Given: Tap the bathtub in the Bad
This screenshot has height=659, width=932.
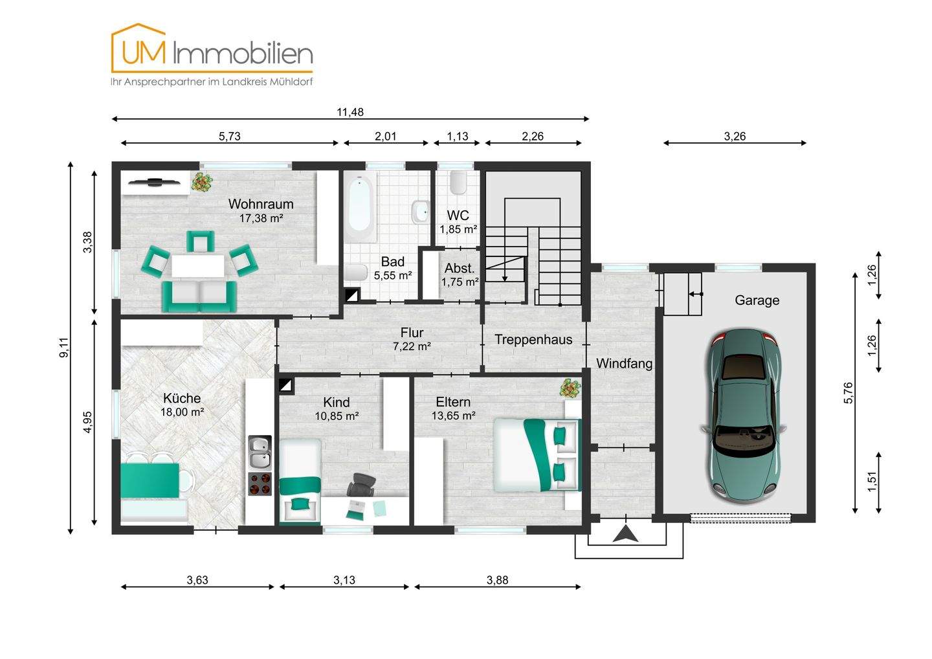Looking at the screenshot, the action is tap(360, 208).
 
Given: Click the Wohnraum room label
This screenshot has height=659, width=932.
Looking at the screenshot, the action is tap(261, 204).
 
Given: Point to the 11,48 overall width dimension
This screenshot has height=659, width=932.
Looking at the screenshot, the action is tap(350, 113).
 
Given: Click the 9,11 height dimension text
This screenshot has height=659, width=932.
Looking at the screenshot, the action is tap(64, 348).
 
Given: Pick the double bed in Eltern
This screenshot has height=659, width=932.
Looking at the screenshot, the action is tap(537, 454).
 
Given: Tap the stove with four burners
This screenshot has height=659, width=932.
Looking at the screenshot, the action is tap(260, 484).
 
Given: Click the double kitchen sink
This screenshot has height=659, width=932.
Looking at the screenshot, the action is tap(260, 452).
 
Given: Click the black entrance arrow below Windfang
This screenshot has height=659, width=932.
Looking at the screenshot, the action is tap(625, 534).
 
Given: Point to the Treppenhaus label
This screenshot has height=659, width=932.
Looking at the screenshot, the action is tap(533, 339).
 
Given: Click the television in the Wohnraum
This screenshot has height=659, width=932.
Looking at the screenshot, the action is tap(154, 181).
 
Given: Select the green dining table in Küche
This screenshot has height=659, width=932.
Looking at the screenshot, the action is tap(150, 480).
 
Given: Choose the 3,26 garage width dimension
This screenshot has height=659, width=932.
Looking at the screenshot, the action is tap(735, 137).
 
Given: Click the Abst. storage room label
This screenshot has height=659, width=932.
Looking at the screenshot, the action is tap(460, 268).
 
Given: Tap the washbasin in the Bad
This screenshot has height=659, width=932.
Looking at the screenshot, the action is tap(421, 212).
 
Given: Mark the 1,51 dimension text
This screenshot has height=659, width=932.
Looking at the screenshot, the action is tap(872, 482).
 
